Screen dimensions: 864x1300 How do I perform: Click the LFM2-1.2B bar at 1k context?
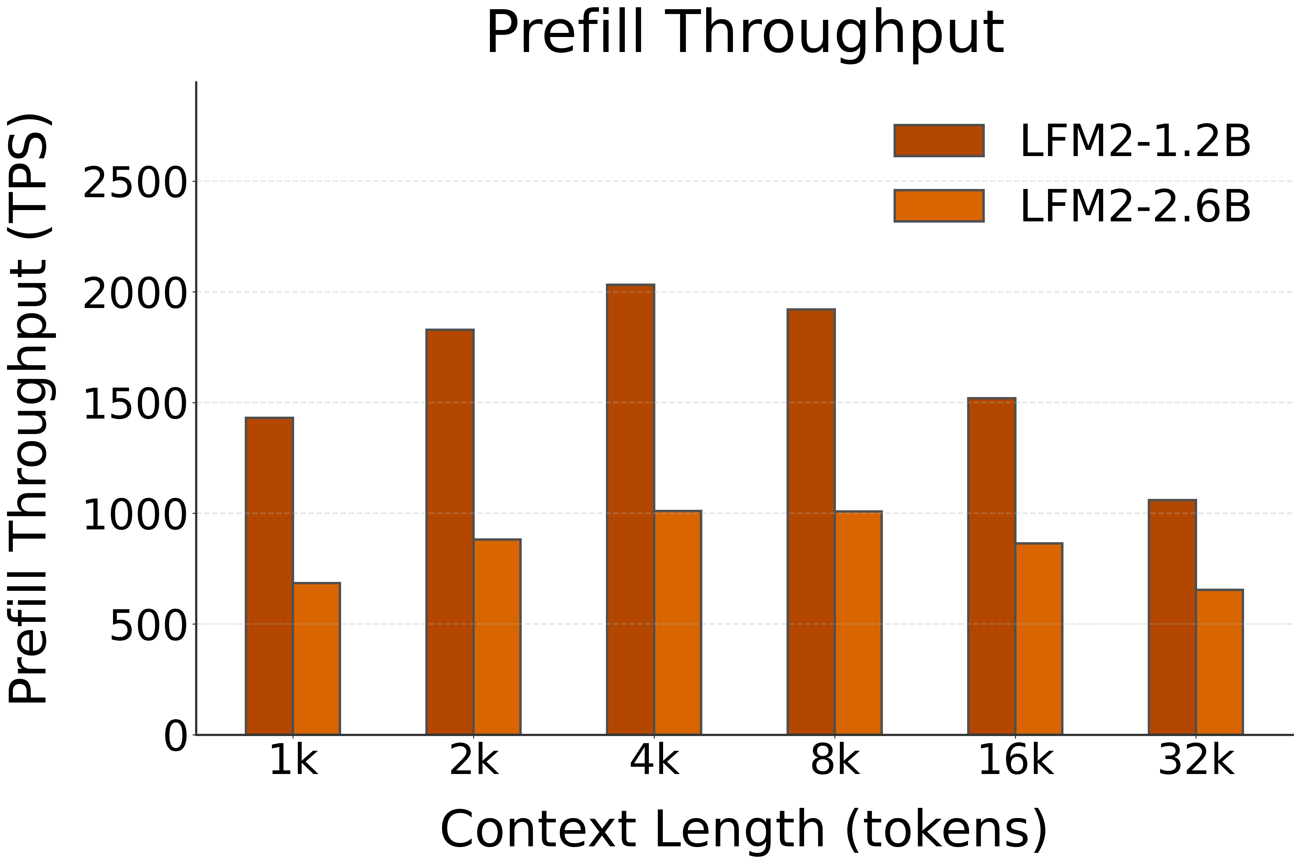[x=269, y=576]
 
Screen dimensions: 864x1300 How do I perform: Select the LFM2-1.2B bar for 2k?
[x=450, y=532]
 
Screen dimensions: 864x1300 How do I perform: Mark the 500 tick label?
[x=148, y=625]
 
